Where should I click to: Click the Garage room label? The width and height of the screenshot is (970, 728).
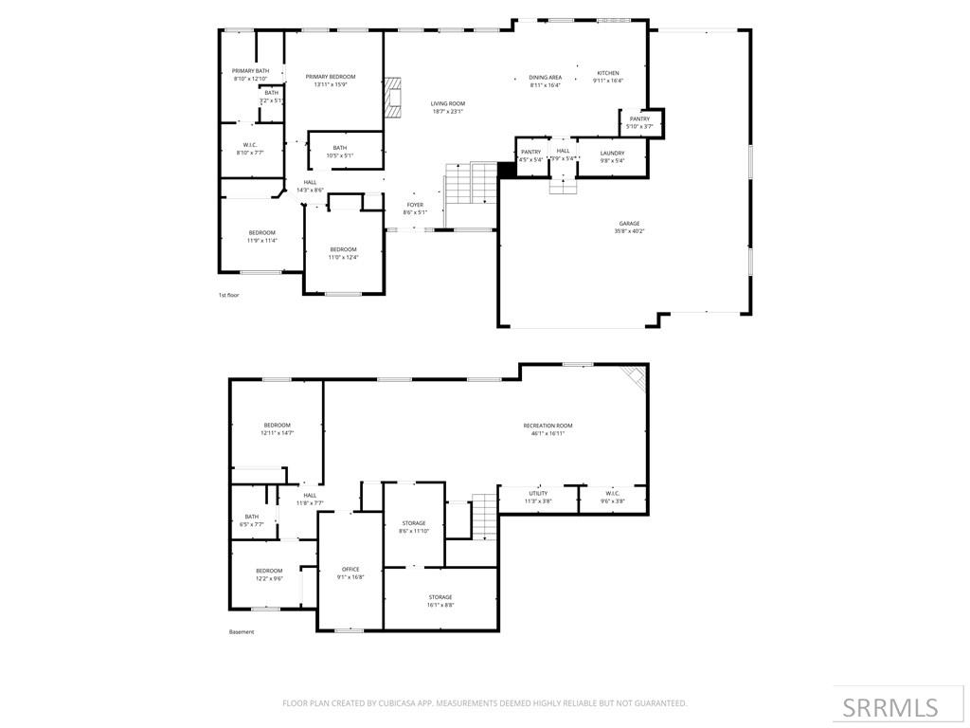pos(630,227)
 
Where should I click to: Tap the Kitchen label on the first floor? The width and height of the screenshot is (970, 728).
pos(607,77)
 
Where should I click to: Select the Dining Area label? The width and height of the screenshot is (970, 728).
pos(545,82)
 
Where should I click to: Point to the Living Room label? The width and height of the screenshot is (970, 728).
pos(448,107)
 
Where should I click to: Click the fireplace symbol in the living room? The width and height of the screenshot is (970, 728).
pos(393,97)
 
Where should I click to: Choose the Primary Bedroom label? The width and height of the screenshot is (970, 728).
pos(331,80)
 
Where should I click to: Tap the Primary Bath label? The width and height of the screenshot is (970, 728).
pos(251,75)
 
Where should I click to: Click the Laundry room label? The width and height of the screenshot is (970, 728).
pos(612,156)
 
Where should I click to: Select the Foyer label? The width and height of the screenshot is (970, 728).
pos(415,208)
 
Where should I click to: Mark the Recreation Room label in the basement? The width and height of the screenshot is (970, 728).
pos(548,429)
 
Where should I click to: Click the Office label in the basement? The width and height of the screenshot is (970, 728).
pos(350,573)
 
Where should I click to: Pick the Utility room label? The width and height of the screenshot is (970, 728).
pos(538,497)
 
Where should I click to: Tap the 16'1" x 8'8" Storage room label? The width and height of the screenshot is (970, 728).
pos(440,601)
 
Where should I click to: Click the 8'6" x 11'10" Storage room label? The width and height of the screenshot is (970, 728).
pos(413,527)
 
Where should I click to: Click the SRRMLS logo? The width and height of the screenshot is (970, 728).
pos(890,707)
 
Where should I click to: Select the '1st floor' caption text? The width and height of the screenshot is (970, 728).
pos(229,295)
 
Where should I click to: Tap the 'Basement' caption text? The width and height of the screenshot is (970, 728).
pos(242,632)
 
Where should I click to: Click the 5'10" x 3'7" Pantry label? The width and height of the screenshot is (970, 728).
pos(639,122)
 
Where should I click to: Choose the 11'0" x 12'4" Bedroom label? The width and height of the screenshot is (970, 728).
pos(343,253)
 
